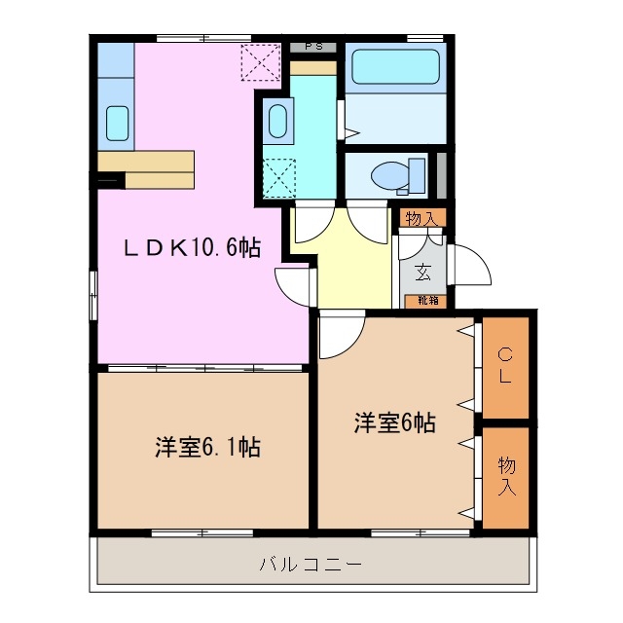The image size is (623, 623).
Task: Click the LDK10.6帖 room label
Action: coord(191,248)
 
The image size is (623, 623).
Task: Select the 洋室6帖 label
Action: coord(394,422)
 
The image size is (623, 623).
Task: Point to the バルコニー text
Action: coord(311,564)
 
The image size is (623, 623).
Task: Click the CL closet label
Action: coord(505,366)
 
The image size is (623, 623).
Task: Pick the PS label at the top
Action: coord(313,46)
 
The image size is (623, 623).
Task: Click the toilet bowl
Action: coord(396,176)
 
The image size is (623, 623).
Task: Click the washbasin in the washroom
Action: coord(275,124)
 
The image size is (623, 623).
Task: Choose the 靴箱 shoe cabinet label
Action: coord(428,300)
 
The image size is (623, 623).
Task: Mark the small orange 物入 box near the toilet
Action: coord(421,218)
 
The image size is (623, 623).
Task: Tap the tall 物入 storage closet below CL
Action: coord(506,477)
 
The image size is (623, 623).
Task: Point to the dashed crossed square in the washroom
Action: coord(279,177)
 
